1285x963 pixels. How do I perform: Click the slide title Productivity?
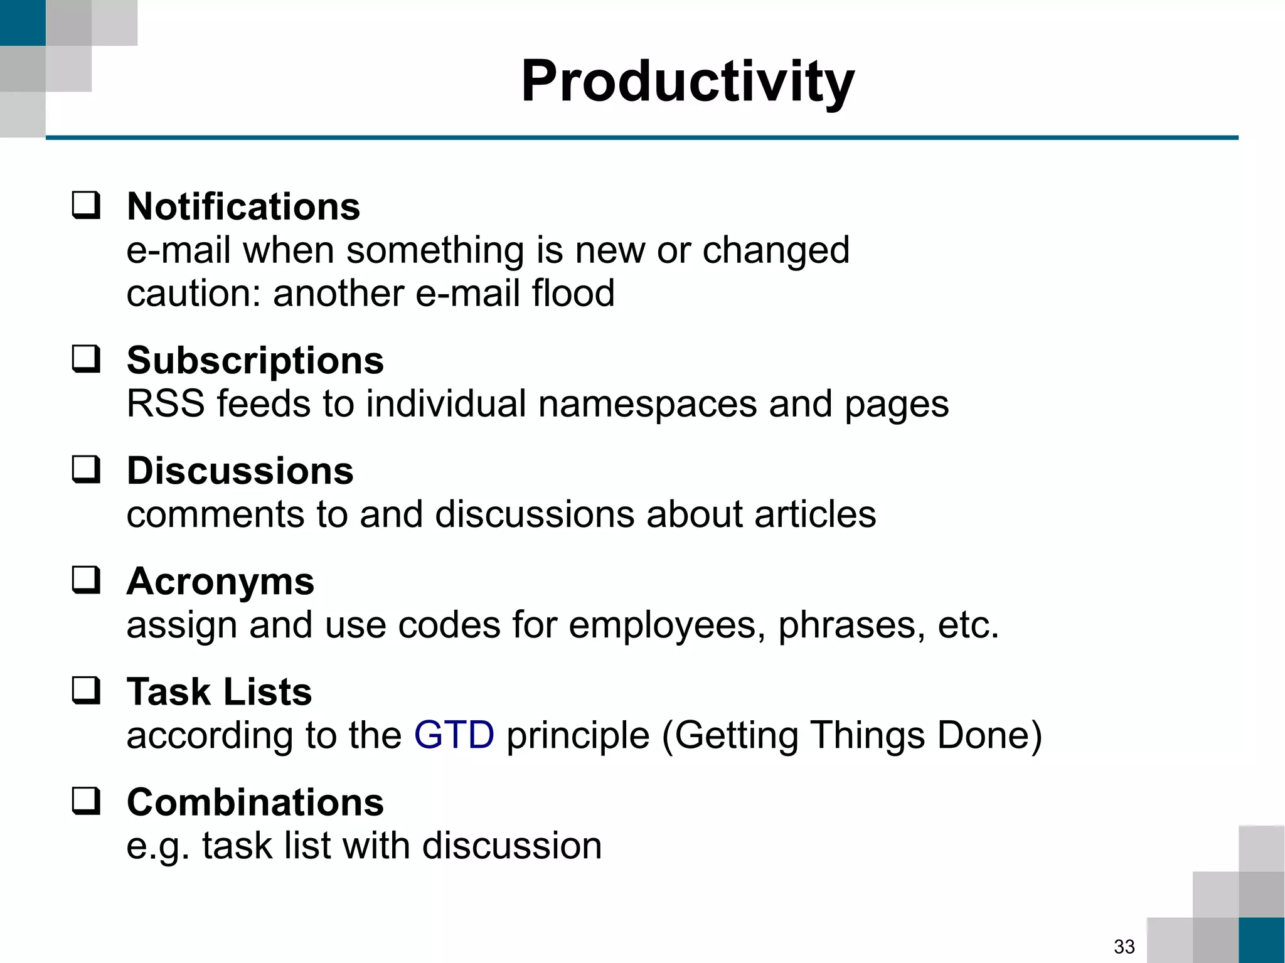688,82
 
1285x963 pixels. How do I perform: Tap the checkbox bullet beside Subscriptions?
86,359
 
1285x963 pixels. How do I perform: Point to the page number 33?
1124,946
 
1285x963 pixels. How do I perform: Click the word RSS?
166,403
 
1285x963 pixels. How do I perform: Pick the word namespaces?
647,403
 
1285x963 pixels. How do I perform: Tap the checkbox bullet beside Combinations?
86,801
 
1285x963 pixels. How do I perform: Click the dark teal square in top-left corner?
23,23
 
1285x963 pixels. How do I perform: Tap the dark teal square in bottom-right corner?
1261,940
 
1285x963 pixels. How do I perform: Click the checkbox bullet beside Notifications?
86,206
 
